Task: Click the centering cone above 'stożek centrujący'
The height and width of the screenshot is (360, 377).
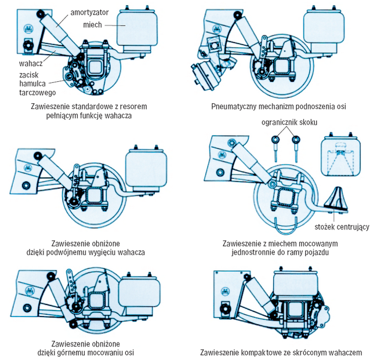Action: click(x=338, y=199)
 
